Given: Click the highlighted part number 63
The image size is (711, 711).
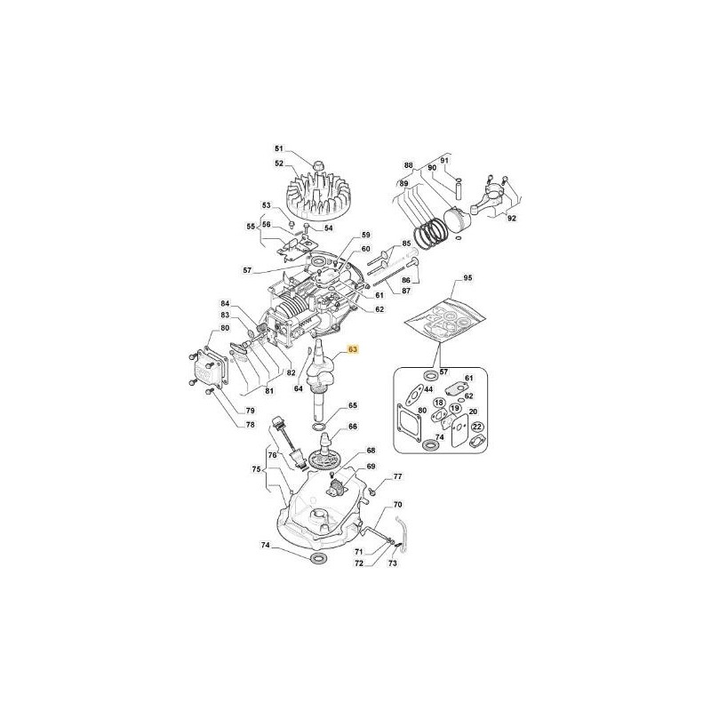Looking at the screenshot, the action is (x=353, y=349).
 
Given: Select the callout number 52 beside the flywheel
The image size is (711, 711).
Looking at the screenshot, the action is (x=278, y=164).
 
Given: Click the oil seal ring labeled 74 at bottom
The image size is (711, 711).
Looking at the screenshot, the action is (x=317, y=557).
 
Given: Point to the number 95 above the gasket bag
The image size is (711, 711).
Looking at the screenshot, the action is (x=467, y=277).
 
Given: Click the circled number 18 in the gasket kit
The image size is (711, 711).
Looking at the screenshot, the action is (x=439, y=403).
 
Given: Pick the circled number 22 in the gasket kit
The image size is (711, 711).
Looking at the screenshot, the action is (x=477, y=427).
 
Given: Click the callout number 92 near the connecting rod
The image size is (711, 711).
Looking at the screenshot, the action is (x=512, y=218).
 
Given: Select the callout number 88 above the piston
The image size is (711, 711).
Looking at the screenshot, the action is (x=409, y=165).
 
